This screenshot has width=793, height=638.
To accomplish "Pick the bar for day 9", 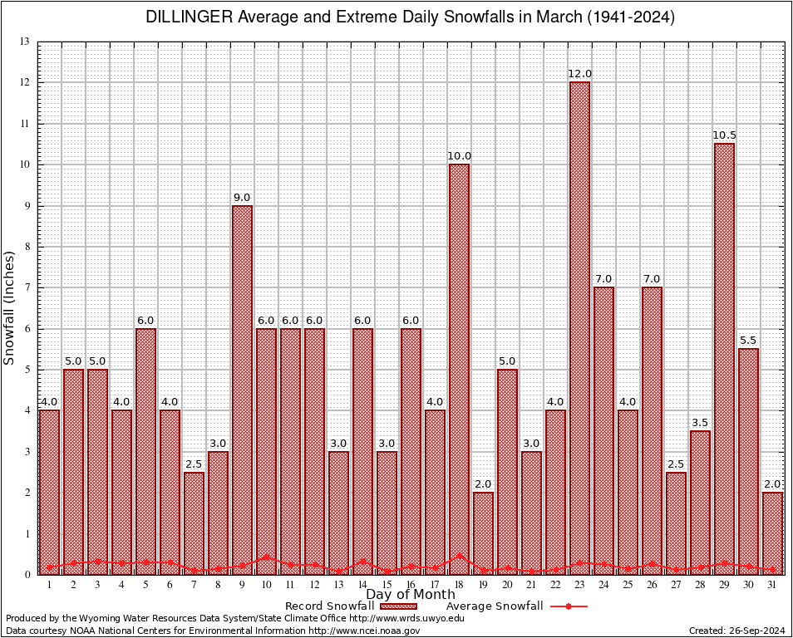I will point(242,390).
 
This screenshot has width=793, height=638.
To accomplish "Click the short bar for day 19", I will point(483,532).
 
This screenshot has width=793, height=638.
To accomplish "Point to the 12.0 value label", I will point(579,74).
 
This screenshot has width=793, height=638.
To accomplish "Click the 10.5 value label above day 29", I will point(724,135).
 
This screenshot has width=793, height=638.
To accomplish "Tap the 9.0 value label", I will point(242,197).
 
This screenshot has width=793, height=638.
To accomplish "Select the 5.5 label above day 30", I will point(748,341).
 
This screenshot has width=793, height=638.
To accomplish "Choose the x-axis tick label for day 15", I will point(387,585).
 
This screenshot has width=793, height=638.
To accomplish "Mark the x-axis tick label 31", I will point(772,585).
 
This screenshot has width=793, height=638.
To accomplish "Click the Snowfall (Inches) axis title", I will point(10,307).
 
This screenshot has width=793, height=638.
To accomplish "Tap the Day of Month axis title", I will point(410,594).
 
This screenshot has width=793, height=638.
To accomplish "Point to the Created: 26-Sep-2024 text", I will point(736,631).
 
